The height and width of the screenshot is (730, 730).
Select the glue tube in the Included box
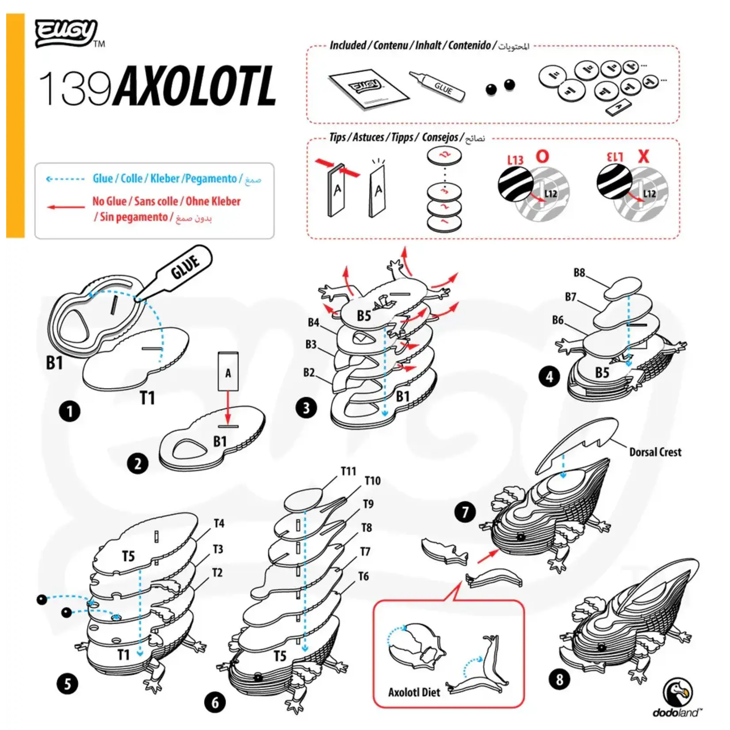[x=437, y=85]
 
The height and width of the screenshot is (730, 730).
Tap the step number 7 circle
[x=465, y=512]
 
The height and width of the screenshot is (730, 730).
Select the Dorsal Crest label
[x=655, y=452]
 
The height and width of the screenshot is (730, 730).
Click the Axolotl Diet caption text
[x=414, y=692]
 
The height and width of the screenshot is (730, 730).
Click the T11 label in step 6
[x=348, y=471]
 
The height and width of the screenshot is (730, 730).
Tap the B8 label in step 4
[x=579, y=273]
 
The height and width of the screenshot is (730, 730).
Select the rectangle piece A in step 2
[x=228, y=371]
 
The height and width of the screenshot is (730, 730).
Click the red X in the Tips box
[x=644, y=156]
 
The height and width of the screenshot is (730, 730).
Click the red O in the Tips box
[x=542, y=156]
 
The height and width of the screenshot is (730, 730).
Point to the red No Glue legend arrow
[x=66, y=207]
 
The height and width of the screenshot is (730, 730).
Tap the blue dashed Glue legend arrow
[x=65, y=179]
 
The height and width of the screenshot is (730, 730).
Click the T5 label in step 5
[x=128, y=556]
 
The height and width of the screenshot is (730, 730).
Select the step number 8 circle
[x=559, y=679]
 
